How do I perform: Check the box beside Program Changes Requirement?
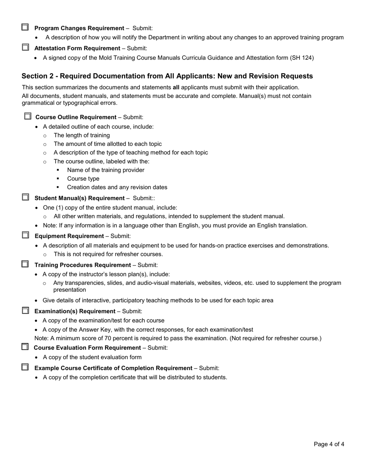click(25, 27)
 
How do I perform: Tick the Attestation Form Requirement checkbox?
click(25, 47)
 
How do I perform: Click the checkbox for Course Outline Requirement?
click(28, 116)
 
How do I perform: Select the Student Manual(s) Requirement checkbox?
click(25, 197)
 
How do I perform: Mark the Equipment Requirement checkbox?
click(25, 235)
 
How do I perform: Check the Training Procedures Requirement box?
click(25, 264)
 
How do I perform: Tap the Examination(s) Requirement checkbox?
click(25, 311)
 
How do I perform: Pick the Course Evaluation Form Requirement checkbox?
click(25, 347)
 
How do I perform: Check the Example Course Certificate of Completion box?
click(25, 367)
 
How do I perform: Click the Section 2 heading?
click(167, 76)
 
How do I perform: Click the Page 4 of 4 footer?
click(329, 444)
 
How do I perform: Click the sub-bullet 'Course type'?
click(83, 179)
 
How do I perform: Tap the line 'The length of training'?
click(82, 135)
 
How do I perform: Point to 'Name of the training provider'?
click(106, 170)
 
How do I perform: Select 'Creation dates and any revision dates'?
click(117, 187)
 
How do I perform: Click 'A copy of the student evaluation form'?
click(92, 357)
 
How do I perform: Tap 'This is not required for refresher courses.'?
click(108, 254)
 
